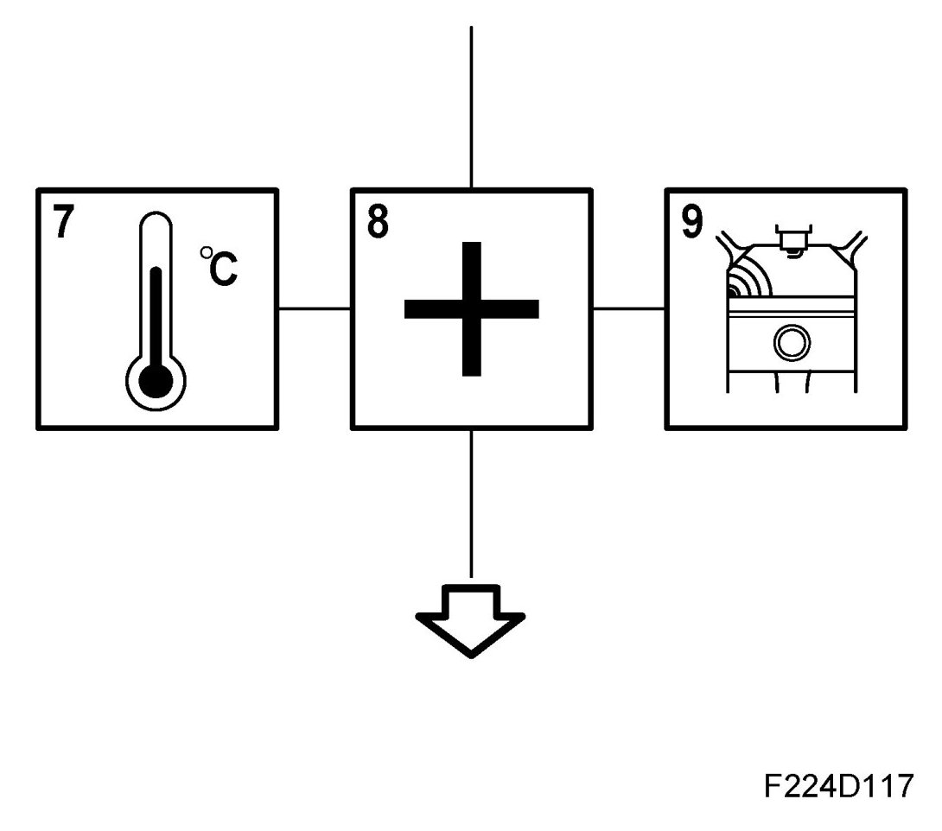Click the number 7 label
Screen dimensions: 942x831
[63, 224]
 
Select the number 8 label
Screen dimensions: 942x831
[378, 223]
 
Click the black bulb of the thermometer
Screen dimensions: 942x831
[156, 380]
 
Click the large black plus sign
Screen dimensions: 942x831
[471, 308]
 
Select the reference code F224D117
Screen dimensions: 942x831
[837, 787]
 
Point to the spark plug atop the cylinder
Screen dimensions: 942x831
[790, 238]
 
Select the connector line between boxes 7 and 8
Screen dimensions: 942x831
[315, 308]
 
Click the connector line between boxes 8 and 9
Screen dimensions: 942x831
[628, 308]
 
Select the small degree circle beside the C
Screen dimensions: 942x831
[206, 252]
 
